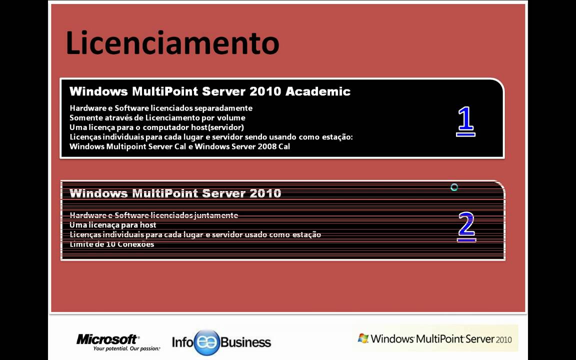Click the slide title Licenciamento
[x=172, y=43]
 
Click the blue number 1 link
[x=465, y=121]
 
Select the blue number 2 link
[x=466, y=227]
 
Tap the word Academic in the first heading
[x=317, y=91]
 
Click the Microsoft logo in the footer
[x=107, y=339]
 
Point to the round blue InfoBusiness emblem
[x=206, y=342]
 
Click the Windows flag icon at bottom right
[x=363, y=338]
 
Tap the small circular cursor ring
[x=454, y=187]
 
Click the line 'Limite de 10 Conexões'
[x=112, y=244]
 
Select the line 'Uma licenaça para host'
[x=113, y=225]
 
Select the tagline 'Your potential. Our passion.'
[x=126, y=348]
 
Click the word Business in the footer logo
[x=245, y=342]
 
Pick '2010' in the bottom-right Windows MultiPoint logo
[x=504, y=339]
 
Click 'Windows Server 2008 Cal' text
[x=247, y=146]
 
